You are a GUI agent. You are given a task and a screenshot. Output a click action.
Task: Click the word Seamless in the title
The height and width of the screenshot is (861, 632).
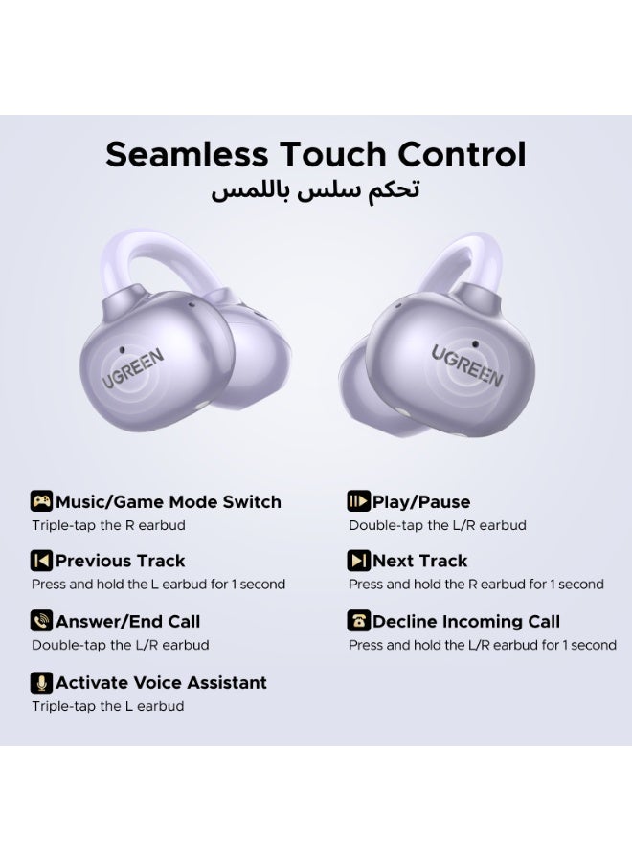click(x=187, y=154)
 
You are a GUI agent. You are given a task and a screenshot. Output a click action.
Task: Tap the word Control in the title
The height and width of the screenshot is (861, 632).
click(x=462, y=154)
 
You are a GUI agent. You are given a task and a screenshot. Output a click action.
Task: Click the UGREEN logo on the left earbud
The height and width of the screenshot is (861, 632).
click(x=133, y=368)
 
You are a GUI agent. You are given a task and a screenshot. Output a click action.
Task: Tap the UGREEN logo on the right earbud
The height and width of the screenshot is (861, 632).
click(x=467, y=365)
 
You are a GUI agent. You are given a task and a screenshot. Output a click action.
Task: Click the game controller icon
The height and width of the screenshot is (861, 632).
click(x=41, y=501)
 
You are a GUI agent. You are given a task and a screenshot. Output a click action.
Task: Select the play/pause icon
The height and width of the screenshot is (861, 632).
click(x=358, y=501)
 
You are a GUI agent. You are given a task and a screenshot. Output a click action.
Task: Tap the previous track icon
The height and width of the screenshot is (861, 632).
click(x=41, y=561)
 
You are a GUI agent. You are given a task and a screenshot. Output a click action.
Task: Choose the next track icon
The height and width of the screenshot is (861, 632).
click(x=358, y=561)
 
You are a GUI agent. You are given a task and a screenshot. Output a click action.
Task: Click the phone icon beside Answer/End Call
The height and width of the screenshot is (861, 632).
click(x=41, y=621)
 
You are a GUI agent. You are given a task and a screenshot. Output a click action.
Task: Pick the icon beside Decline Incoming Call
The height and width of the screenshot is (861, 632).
click(x=358, y=621)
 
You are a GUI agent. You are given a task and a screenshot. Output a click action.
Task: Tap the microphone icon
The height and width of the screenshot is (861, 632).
click(x=41, y=682)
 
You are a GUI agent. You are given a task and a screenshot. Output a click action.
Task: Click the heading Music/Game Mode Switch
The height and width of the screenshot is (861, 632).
click(x=169, y=502)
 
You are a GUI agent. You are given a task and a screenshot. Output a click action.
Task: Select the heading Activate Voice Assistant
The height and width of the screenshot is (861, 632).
click(x=161, y=682)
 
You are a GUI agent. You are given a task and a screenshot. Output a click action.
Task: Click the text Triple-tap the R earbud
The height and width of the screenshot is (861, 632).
click(x=108, y=525)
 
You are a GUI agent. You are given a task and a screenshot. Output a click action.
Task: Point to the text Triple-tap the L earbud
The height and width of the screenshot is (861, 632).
click(x=107, y=706)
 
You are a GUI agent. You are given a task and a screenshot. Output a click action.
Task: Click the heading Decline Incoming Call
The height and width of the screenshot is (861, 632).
click(x=466, y=622)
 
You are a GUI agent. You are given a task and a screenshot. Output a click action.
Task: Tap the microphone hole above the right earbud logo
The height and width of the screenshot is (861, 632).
click(x=475, y=344)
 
